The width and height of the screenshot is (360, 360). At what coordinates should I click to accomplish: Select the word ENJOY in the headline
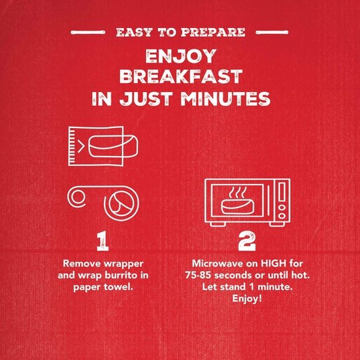tap(181, 56)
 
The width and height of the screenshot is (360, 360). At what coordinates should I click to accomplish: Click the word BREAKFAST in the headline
tap(181, 77)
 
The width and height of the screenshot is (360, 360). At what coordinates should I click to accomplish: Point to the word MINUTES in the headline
tap(225, 99)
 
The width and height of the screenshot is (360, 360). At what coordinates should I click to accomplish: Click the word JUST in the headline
tap(146, 99)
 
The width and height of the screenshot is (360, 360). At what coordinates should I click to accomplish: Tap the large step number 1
tap(103, 241)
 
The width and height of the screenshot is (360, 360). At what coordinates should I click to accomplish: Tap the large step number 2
tap(247, 241)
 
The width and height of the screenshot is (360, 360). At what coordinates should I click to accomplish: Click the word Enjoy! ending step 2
tap(247, 299)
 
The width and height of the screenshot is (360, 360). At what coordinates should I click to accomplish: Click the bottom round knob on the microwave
tap(282, 216)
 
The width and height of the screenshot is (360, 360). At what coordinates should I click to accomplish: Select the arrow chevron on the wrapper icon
tap(81, 146)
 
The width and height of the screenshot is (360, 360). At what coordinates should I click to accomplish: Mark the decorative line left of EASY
tap(88, 33)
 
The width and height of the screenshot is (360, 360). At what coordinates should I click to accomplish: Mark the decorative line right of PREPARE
tap(272, 33)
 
